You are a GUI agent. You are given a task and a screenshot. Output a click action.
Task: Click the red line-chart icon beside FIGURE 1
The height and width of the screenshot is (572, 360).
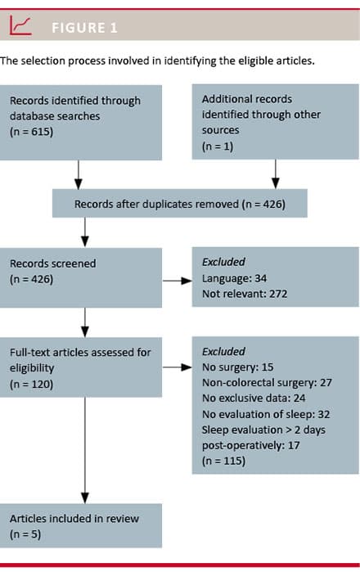(x=20, y=25)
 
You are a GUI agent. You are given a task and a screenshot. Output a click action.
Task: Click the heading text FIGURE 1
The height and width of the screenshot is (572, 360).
(x=84, y=28)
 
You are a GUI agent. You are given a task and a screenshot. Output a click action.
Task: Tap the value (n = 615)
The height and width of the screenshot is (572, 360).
(x=31, y=132)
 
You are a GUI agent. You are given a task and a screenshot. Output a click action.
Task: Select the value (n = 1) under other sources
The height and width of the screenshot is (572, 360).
(x=218, y=146)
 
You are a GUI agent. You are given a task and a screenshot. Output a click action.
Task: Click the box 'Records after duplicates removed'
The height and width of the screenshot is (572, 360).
(x=180, y=203)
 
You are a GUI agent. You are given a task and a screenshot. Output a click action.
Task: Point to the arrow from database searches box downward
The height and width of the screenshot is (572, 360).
(x=79, y=174)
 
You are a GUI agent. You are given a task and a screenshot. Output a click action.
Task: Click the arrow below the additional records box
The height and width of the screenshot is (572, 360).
(x=276, y=174)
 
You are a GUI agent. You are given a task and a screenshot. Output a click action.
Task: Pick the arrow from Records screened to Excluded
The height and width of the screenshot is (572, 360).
(x=178, y=281)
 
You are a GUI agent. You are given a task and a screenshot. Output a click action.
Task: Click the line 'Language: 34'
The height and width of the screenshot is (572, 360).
(x=234, y=278)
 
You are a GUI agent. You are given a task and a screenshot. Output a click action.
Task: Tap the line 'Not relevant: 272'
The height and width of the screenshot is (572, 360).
(x=245, y=294)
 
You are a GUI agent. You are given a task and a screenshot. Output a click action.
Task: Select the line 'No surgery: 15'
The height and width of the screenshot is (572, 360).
(x=237, y=367)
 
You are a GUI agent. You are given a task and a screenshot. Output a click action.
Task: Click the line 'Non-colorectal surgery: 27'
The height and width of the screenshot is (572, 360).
(x=267, y=382)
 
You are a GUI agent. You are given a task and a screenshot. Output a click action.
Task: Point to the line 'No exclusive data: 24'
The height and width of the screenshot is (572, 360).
(x=254, y=398)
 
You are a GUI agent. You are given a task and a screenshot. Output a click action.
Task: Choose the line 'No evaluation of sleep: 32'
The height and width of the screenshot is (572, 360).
(x=266, y=414)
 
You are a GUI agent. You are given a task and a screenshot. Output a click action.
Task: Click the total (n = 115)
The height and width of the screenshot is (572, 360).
(x=223, y=461)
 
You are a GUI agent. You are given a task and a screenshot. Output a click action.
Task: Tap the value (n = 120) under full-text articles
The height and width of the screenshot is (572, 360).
(x=31, y=384)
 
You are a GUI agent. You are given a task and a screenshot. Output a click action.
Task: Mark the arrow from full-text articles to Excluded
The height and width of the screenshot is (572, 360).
(x=178, y=367)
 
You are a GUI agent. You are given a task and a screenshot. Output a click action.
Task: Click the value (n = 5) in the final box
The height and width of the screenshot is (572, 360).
(x=25, y=534)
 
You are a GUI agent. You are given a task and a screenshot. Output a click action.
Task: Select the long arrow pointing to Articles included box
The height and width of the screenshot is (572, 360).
(x=85, y=451)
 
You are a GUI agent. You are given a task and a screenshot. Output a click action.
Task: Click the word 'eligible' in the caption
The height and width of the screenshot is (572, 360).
(x=253, y=61)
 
